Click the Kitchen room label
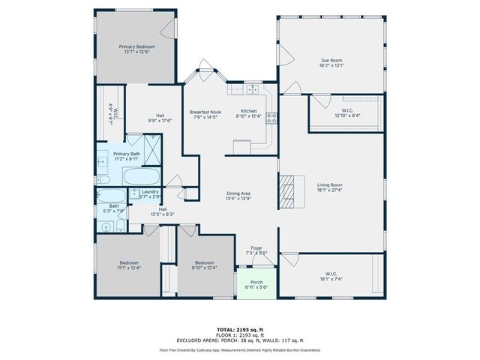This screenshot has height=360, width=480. pyautogui.click(x=248, y=113)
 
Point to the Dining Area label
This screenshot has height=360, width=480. pyautogui.click(x=238, y=196)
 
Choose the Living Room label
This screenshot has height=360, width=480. pyautogui.click(x=330, y=187)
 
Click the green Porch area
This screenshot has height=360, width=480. pyautogui.click(x=256, y=285)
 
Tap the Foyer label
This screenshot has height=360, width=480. pyautogui.click(x=256, y=251)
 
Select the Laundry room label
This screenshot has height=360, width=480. pyautogui.click(x=150, y=194)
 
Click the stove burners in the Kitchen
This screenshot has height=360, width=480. pyautogui.click(x=271, y=117)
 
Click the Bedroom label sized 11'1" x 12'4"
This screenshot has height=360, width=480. pyautogui.click(x=127, y=265)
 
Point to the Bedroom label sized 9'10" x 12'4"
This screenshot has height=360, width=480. pyautogui.click(x=205, y=265)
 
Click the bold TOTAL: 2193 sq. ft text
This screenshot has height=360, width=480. pyautogui.click(x=239, y=329)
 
